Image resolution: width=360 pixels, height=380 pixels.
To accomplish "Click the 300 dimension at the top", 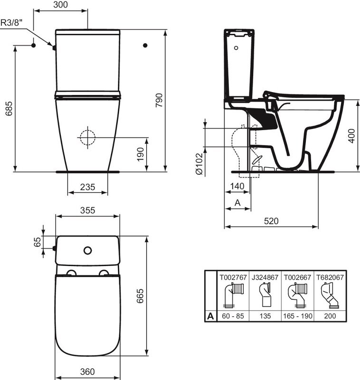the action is [x=60, y=5].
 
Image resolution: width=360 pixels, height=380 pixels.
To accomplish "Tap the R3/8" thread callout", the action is [x=11, y=23].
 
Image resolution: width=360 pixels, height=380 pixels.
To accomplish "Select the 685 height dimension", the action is [x=9, y=109].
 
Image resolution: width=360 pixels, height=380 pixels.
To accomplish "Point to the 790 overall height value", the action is [x=159, y=100].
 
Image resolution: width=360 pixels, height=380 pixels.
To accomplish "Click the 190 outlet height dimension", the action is [x=141, y=154].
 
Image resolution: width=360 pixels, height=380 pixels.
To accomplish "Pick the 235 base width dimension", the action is [x=87, y=187].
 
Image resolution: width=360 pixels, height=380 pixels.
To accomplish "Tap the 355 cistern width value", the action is [x=87, y=210].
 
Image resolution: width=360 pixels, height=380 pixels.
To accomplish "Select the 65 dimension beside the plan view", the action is [x=38, y=242].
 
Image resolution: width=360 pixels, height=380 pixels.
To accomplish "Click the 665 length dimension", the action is [x=140, y=295].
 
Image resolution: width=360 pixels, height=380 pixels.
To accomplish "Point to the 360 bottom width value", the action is [x=87, y=371].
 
